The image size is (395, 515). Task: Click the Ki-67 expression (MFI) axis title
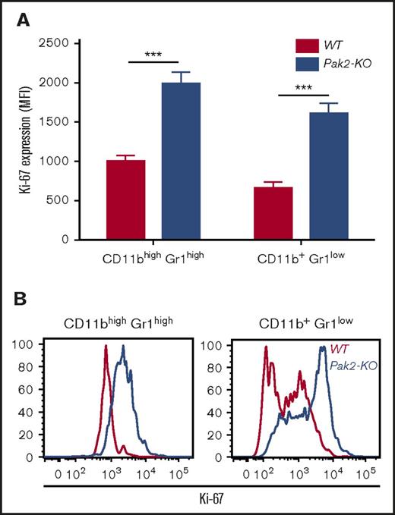click(x=26, y=140)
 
